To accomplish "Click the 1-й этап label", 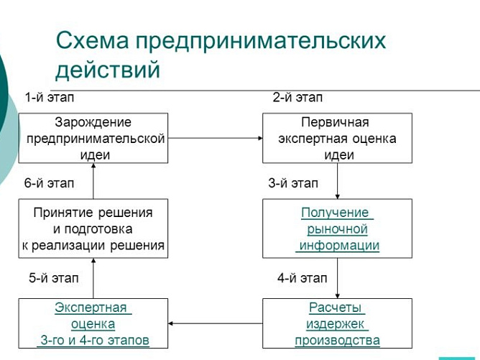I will pyautogui.click(x=50, y=97).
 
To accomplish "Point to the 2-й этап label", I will pyautogui.click(x=297, y=97).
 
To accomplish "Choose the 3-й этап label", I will pyautogui.click(x=293, y=183).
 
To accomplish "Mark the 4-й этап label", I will pyautogui.click(x=302, y=277).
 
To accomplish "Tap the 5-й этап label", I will pyautogui.click(x=54, y=277).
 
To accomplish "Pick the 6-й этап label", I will pyautogui.click(x=50, y=183).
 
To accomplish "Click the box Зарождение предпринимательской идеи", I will pyautogui.click(x=93, y=138).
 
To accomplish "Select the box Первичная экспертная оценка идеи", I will pyautogui.click(x=338, y=138).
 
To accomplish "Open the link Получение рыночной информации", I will pyautogui.click(x=338, y=229).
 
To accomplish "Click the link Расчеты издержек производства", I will pyautogui.click(x=338, y=323).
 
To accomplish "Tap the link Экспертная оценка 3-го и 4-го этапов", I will pyautogui.click(x=93, y=323).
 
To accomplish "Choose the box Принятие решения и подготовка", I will pyautogui.click(x=93, y=229).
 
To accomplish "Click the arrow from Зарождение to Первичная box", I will pyautogui.click(x=215, y=139).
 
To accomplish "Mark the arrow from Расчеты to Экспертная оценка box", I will pyautogui.click(x=215, y=323).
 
